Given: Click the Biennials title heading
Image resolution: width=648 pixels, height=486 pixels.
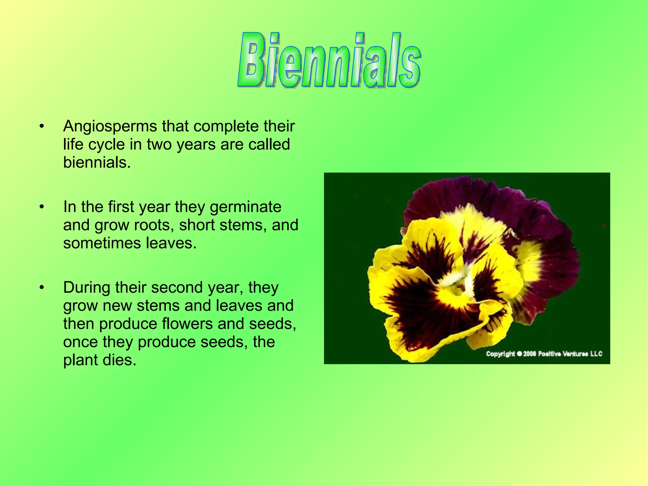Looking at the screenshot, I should coord(329,60).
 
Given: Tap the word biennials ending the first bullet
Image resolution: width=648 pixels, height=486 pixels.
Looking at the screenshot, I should coord(97,163).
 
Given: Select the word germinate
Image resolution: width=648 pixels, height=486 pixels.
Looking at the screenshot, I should coord(246,207).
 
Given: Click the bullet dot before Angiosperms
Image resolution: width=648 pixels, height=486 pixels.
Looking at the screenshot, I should coord(41,127).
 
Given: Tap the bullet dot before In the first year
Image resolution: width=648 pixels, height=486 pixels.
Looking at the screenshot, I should coord(41,207).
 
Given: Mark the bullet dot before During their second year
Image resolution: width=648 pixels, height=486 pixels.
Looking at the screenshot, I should coord(41,288).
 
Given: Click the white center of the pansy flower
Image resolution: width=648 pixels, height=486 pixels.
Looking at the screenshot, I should coord(456,280).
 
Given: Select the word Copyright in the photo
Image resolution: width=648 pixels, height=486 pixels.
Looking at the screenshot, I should coord(500,354).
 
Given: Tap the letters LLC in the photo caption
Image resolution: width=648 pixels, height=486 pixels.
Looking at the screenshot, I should coord(596,353).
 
